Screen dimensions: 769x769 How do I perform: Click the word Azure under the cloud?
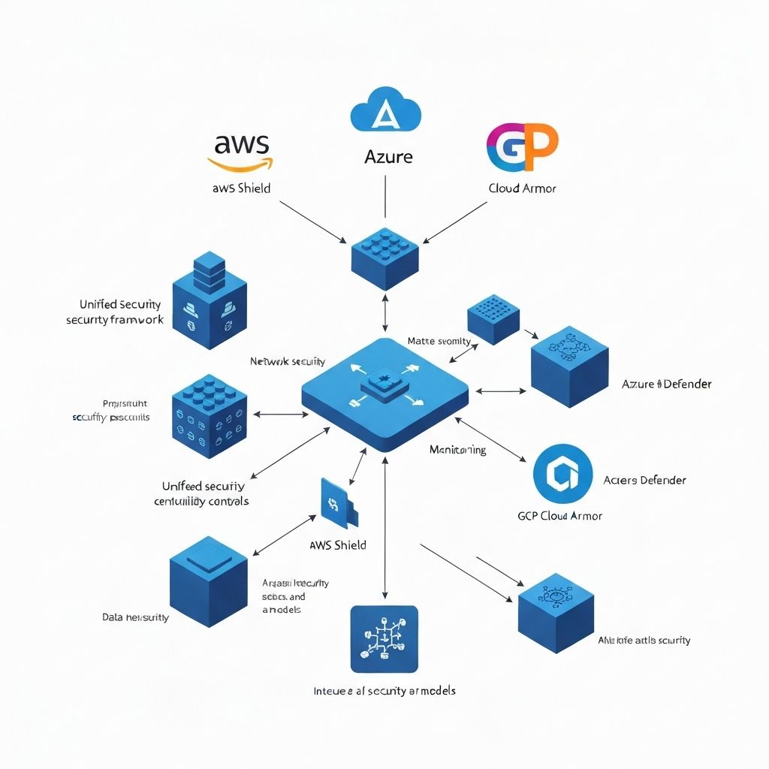point(388,158)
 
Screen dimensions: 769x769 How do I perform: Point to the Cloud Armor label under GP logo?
point(523,188)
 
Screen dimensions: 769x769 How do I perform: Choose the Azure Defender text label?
point(667,384)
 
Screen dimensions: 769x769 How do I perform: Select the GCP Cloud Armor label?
point(559,516)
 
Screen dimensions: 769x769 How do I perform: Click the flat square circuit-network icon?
point(384,638)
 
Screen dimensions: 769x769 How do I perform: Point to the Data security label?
point(135,617)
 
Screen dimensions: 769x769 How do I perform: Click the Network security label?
point(288,361)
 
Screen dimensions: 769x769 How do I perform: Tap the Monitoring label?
point(457,450)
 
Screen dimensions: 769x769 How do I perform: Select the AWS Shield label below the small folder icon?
point(338,545)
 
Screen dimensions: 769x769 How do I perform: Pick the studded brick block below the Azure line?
point(384,259)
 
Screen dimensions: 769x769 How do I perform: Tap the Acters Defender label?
point(644,480)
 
